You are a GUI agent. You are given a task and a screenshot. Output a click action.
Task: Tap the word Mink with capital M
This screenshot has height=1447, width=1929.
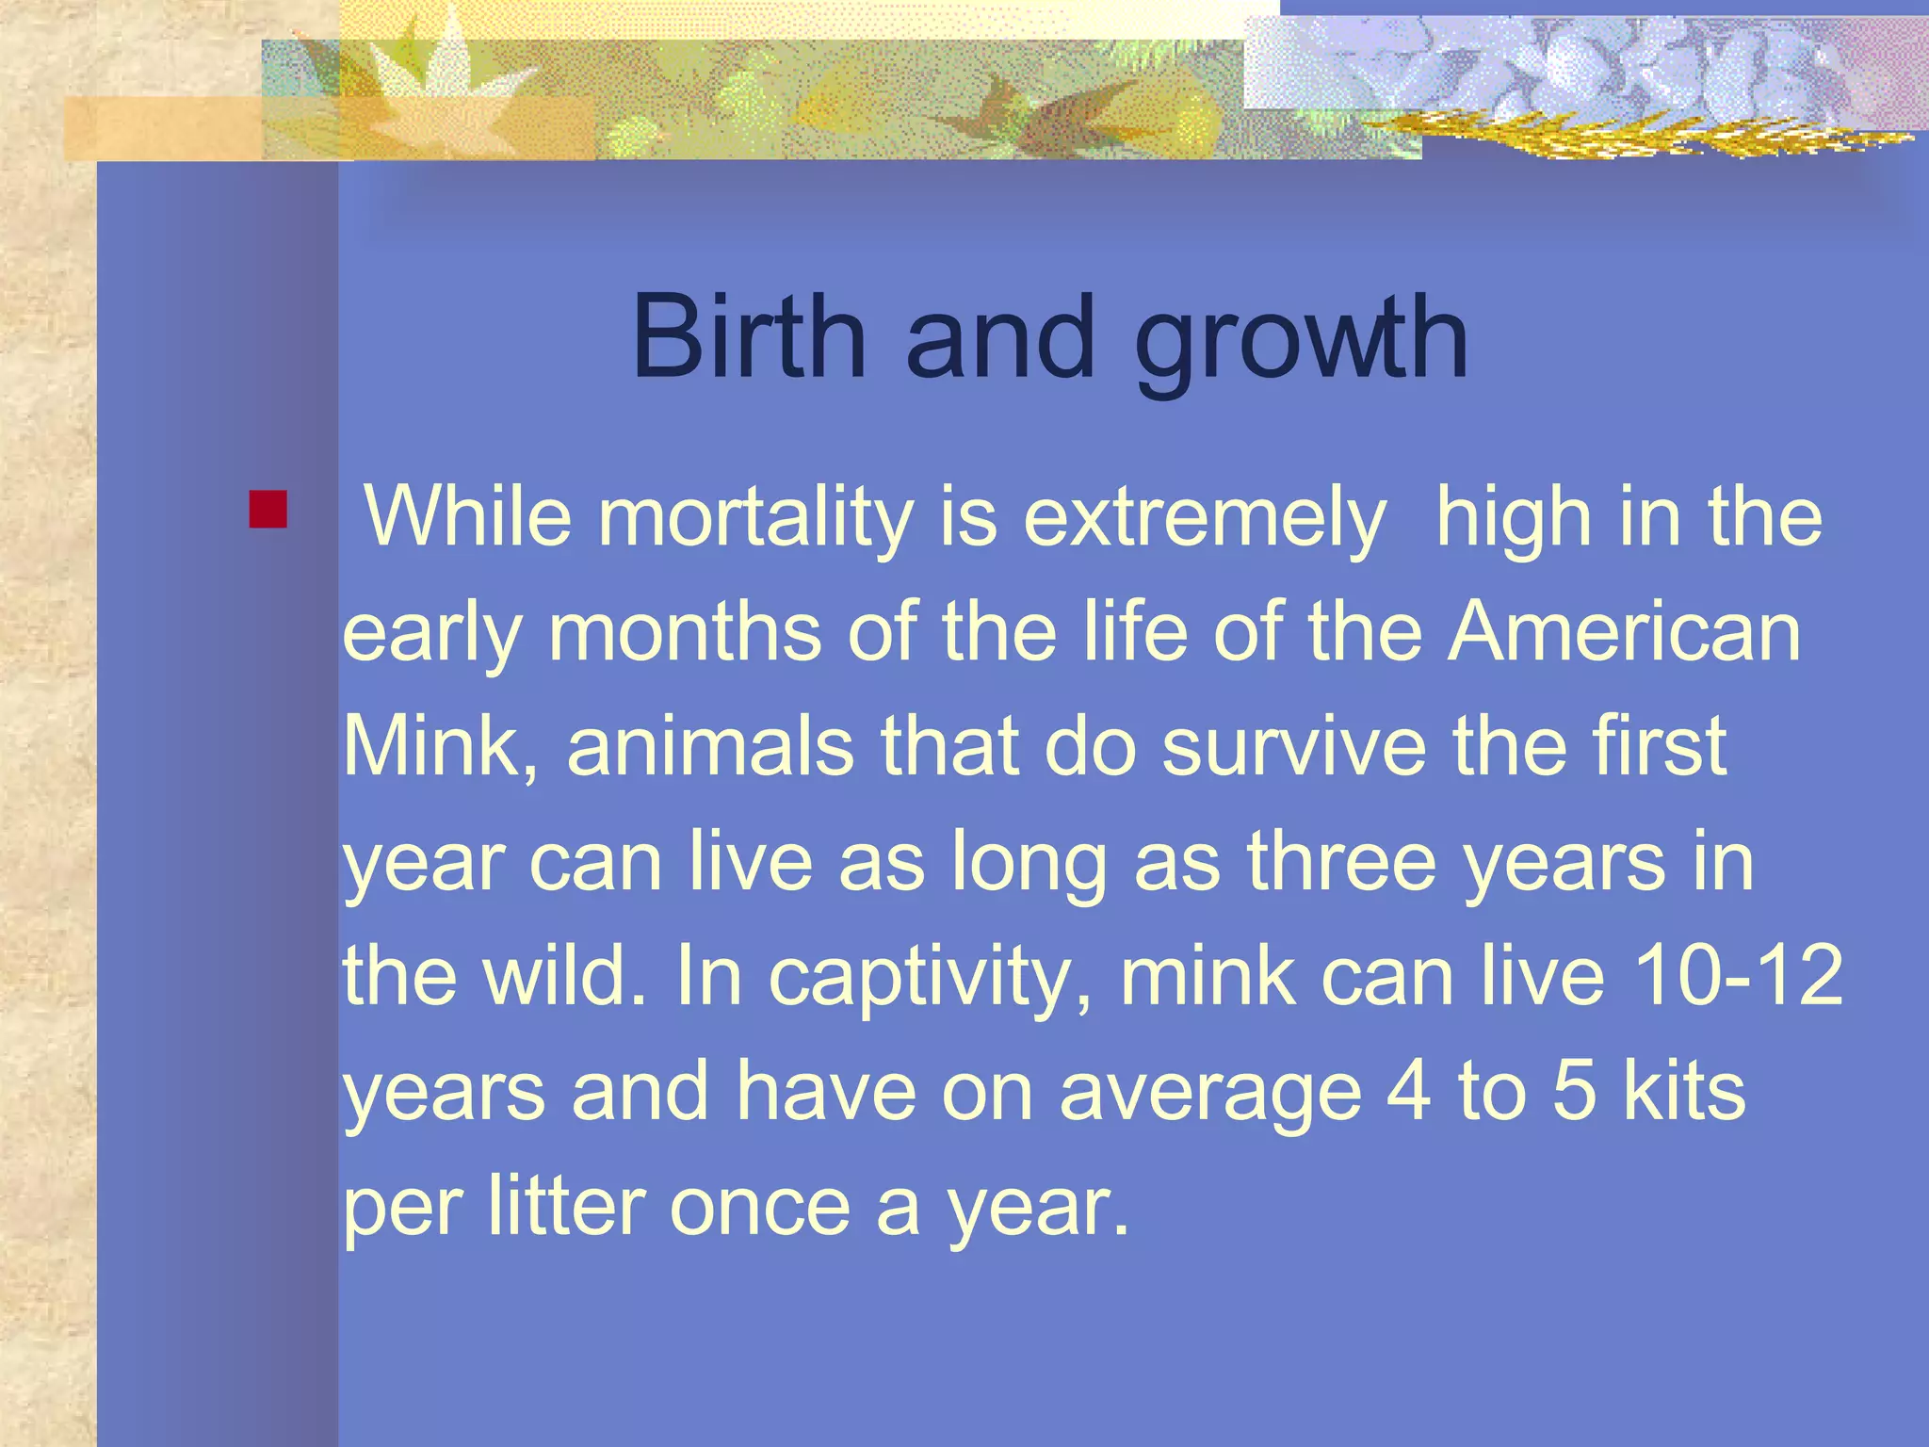440,746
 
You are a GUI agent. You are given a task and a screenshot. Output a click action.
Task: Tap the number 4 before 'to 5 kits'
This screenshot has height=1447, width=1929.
1409,1090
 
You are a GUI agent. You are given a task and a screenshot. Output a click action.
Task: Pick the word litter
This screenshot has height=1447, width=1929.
565,1205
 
